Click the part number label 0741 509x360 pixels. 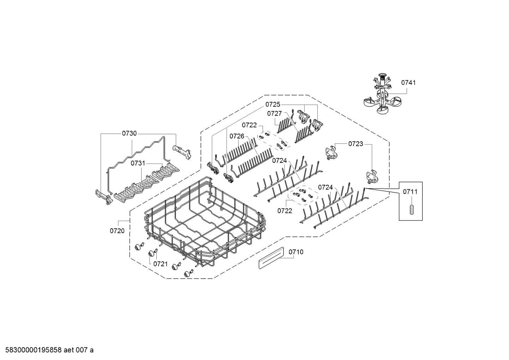pos(408,83)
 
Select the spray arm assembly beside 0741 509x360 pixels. pos(382,95)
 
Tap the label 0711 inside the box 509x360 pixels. pos(410,192)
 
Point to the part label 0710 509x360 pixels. pos(296,252)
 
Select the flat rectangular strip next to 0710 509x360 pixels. pos(271,259)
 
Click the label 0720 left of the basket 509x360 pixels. pos(117,231)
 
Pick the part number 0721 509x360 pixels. pos(160,264)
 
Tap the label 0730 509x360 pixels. pos(129,134)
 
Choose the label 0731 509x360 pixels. pos(138,163)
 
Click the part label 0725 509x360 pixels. pos(273,104)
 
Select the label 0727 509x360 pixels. pos(274,113)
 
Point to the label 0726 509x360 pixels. pos(237,136)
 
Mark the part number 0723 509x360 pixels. pos(355,144)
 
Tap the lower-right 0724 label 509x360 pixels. pos(325,187)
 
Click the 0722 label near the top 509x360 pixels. pos(249,125)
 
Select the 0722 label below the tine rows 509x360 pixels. pos(285,211)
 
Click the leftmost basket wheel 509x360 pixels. pos(137,247)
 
